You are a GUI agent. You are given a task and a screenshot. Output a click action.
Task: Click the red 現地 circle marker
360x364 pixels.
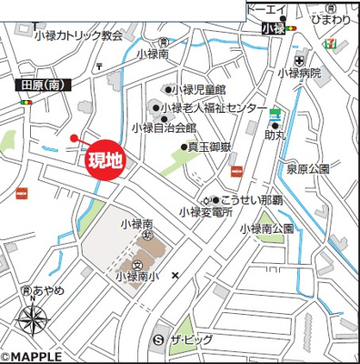click(x=104, y=161)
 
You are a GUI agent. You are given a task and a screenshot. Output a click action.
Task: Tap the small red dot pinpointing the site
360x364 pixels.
click(x=74, y=138)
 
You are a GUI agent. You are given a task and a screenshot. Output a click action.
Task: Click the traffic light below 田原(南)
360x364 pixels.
click(x=25, y=102)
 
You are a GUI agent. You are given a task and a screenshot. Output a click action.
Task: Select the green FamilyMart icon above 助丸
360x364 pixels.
click(x=275, y=115)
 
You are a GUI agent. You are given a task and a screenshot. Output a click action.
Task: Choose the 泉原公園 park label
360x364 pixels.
click(x=307, y=168)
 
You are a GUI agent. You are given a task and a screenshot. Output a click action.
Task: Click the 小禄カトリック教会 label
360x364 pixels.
click(x=78, y=35)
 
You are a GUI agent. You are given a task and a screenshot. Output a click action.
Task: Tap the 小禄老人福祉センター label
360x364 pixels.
click(x=215, y=108)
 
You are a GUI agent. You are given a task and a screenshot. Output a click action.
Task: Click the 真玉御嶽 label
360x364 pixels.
click(x=211, y=146)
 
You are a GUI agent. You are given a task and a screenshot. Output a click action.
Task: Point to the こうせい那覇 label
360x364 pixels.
click(x=251, y=199)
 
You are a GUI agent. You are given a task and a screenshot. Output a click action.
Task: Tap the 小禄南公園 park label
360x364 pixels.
click(x=266, y=227)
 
